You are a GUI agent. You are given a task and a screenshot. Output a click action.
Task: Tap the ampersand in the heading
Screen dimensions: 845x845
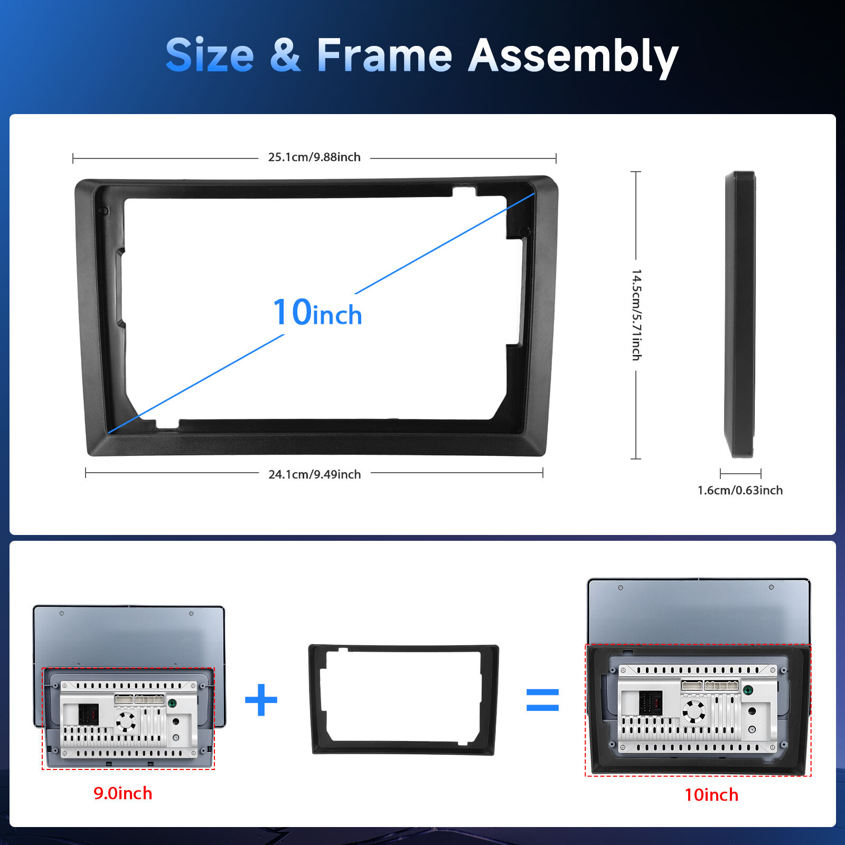point(285,55)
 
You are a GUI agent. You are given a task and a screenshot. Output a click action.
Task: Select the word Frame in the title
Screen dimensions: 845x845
point(384,55)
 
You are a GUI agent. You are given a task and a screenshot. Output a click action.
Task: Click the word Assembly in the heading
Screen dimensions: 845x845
point(573,57)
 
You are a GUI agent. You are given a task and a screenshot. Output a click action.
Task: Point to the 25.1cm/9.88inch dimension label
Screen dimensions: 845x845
point(314,157)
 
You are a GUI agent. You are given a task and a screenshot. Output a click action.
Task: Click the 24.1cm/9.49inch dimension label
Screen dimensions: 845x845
point(315,474)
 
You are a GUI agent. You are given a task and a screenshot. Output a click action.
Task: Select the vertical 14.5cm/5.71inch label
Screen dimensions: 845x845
point(636,315)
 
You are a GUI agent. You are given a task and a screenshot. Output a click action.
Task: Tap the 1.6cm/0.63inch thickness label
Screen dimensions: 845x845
point(740,490)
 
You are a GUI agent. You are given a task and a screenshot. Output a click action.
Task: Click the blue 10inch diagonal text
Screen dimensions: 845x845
point(317,312)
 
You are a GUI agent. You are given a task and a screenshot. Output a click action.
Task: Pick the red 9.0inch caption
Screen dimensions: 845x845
point(123,793)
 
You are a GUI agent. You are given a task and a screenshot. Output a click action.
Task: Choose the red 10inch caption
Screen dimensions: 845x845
point(711,795)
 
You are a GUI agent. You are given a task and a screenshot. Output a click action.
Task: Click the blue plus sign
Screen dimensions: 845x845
point(261,700)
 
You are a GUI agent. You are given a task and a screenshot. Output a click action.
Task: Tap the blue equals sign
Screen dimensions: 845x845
point(542,700)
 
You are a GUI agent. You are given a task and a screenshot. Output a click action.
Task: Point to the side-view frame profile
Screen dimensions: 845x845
point(740,314)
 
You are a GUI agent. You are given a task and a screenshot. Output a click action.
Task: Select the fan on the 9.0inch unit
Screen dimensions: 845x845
point(126,721)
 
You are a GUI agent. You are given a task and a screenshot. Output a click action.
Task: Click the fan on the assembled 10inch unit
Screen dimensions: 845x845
point(693,711)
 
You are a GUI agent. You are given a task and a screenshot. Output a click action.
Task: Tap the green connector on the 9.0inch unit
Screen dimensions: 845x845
point(172,703)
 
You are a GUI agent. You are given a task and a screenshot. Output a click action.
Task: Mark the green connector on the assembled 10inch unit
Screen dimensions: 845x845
point(748,690)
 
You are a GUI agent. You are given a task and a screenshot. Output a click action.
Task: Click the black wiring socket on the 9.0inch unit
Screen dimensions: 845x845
point(88,714)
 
